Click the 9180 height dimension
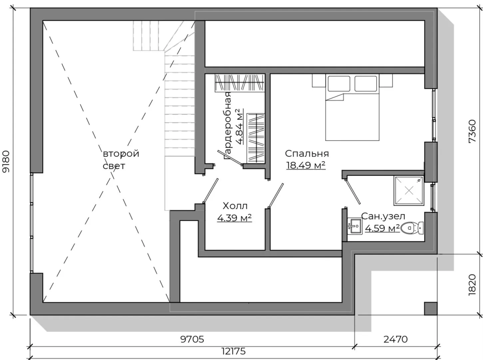(x=6, y=161)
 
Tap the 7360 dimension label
(x=472, y=131)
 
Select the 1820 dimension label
(x=472, y=285)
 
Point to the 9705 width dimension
(x=192, y=339)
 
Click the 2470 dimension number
(x=395, y=339)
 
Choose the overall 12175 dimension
(x=234, y=351)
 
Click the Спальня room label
(x=307, y=154)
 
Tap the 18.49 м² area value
(x=306, y=165)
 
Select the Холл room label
(x=235, y=206)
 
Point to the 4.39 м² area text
(x=235, y=217)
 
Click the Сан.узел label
(x=383, y=216)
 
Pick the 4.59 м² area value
(x=382, y=228)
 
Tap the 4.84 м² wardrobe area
(x=240, y=127)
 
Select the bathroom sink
(x=355, y=226)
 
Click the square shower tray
(x=409, y=191)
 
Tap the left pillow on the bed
(x=339, y=83)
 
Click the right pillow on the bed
(x=366, y=83)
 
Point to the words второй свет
(x=121, y=160)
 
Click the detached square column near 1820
(x=430, y=309)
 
